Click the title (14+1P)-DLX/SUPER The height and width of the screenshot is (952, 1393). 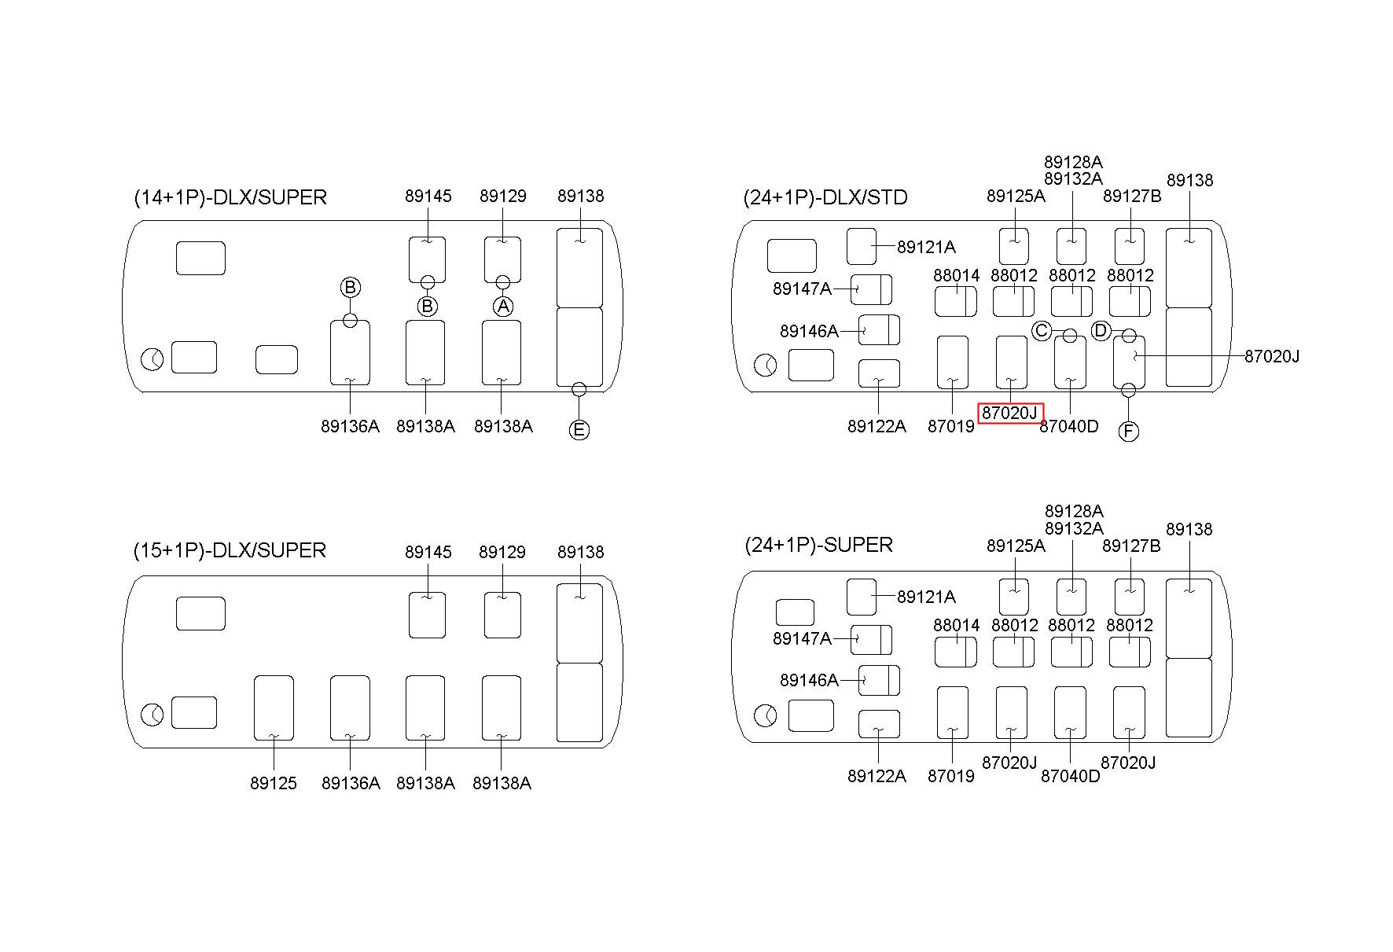coord(230,197)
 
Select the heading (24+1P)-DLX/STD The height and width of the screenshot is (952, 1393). coord(825,197)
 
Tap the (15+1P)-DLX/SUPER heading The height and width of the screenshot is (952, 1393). coord(230,550)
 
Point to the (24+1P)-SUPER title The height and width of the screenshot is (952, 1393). coord(818,545)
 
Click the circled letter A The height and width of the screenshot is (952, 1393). coord(503,306)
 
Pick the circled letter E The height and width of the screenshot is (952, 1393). coord(579,430)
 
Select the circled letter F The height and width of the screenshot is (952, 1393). coord(1129,432)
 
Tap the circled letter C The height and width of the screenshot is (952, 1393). coord(1042,331)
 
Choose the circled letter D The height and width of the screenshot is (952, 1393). coord(1101,331)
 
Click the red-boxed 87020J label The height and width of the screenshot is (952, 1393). coord(1010,413)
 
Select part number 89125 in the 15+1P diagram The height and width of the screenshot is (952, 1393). coord(274,784)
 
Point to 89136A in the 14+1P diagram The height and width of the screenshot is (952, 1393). coord(350,427)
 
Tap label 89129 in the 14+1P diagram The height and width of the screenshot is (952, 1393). coord(503,197)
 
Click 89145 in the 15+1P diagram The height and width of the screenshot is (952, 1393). coord(428,553)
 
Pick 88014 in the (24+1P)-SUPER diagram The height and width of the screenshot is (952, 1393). coord(957,626)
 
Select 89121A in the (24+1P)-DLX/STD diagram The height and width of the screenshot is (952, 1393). coord(926,248)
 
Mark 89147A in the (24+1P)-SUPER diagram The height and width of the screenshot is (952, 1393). coord(802,639)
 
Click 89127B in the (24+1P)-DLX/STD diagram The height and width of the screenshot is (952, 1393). coord(1132,197)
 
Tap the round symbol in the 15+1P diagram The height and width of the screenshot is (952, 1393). coord(153,715)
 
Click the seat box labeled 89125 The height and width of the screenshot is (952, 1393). coord(274,708)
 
